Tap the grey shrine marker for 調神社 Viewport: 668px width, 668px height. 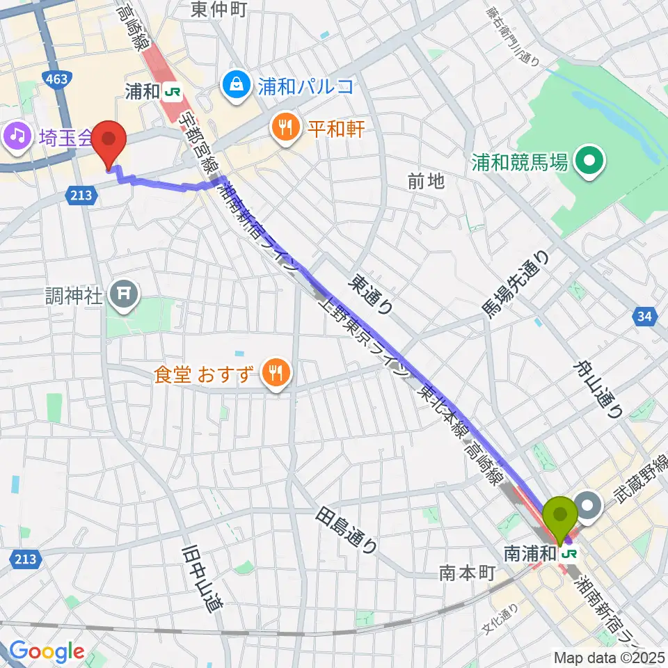point(126,296)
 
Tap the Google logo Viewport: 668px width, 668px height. point(47,651)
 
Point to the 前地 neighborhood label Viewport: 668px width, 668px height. point(426,182)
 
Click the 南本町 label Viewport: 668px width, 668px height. point(466,573)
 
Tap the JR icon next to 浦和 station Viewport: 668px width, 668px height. point(173,90)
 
